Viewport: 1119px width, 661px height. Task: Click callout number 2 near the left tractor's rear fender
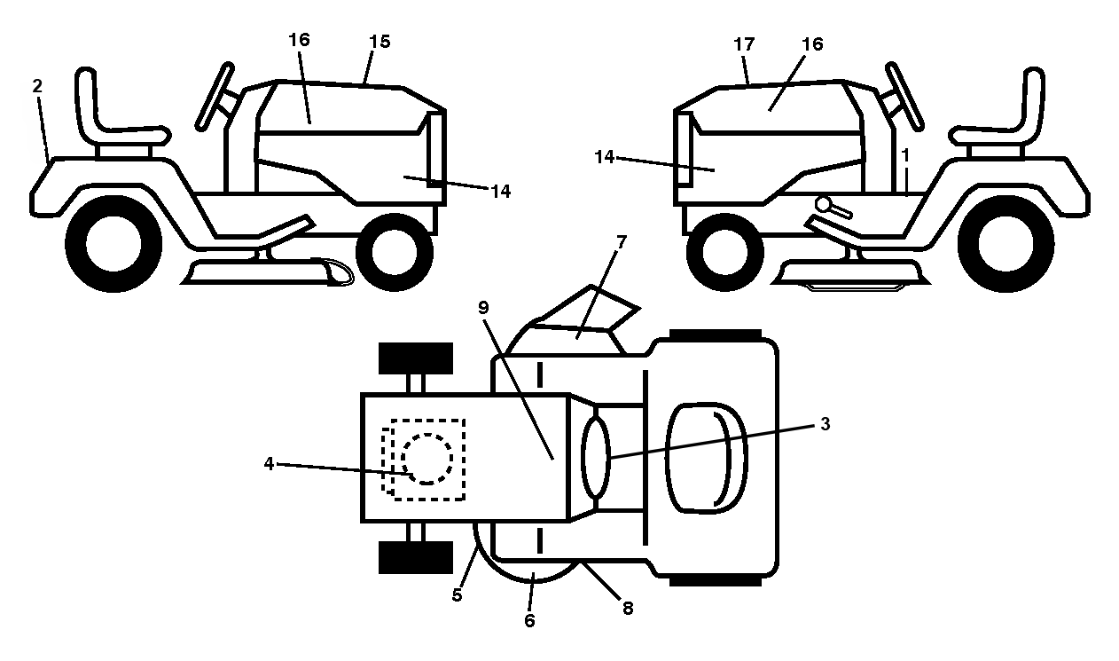tap(37, 86)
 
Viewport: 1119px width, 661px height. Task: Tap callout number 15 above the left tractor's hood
tap(380, 42)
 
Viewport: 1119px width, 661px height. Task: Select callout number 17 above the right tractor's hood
tap(743, 44)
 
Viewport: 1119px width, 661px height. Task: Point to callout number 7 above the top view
tap(621, 242)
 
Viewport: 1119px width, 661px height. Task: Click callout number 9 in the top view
tap(483, 308)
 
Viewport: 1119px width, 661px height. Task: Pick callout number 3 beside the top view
tap(826, 424)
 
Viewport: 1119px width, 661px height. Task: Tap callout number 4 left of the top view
tap(269, 464)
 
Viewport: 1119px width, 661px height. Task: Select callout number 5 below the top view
tap(457, 595)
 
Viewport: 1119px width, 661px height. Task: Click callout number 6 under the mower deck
tap(529, 620)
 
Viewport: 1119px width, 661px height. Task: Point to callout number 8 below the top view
tap(628, 608)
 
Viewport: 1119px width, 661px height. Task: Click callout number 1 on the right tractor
tap(905, 155)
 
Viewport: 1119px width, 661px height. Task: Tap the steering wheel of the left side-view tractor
tap(215, 97)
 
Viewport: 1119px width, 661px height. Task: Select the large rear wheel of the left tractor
tap(113, 243)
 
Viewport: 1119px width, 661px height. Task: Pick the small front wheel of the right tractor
tap(724, 252)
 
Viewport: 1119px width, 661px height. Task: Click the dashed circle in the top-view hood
tap(427, 459)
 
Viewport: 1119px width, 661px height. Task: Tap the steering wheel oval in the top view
tap(596, 458)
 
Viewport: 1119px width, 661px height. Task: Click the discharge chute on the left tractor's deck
tap(332, 271)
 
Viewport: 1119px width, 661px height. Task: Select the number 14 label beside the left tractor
tap(501, 191)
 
